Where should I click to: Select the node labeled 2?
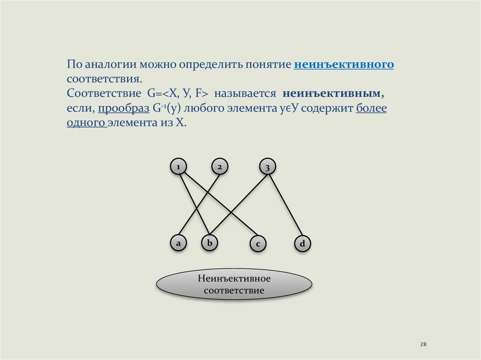pos(219,167)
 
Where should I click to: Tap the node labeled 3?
pos(267,167)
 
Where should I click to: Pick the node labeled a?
pos(178,243)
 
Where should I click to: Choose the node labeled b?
pos(210,243)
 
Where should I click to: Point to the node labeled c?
pos(258,244)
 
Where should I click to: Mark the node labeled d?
pos(303,244)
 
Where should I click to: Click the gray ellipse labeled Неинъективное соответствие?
pos(234,284)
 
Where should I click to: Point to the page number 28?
pos(423,345)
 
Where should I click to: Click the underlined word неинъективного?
pos(344,64)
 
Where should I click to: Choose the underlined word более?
pos(371,108)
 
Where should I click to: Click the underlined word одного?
pos(85,123)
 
